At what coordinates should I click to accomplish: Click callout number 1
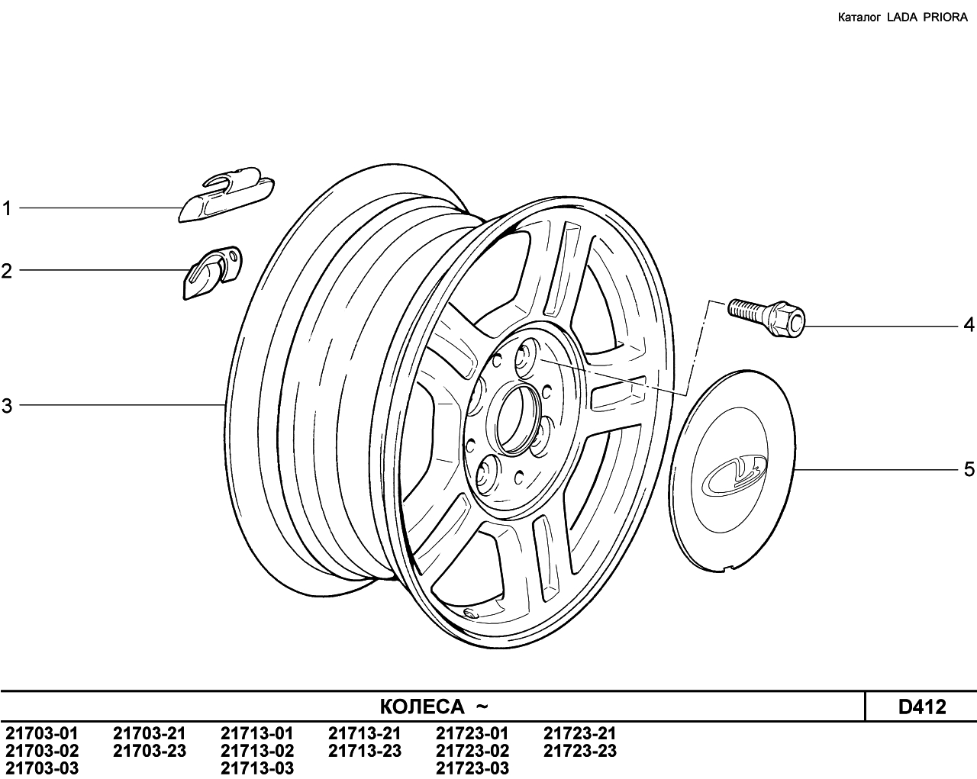[x=6, y=208]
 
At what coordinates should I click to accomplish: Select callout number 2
[x=6, y=271]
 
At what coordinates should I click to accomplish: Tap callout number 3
[x=7, y=405]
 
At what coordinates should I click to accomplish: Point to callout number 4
[x=969, y=324]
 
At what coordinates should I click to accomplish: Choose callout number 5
[x=969, y=469]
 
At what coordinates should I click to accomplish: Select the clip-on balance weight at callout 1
[x=227, y=195]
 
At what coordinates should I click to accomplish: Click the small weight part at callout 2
[x=212, y=273]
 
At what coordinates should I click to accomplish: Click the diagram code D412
[x=922, y=707]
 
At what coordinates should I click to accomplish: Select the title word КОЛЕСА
[x=422, y=707]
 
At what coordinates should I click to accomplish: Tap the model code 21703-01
[x=42, y=734]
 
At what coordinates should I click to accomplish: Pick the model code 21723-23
[x=580, y=751]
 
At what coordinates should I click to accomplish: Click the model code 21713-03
[x=257, y=768]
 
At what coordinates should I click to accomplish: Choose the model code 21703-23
[x=150, y=751]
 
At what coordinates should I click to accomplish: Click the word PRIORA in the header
[x=946, y=18]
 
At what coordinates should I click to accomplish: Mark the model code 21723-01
[x=472, y=734]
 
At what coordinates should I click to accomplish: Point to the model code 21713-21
[x=365, y=734]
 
